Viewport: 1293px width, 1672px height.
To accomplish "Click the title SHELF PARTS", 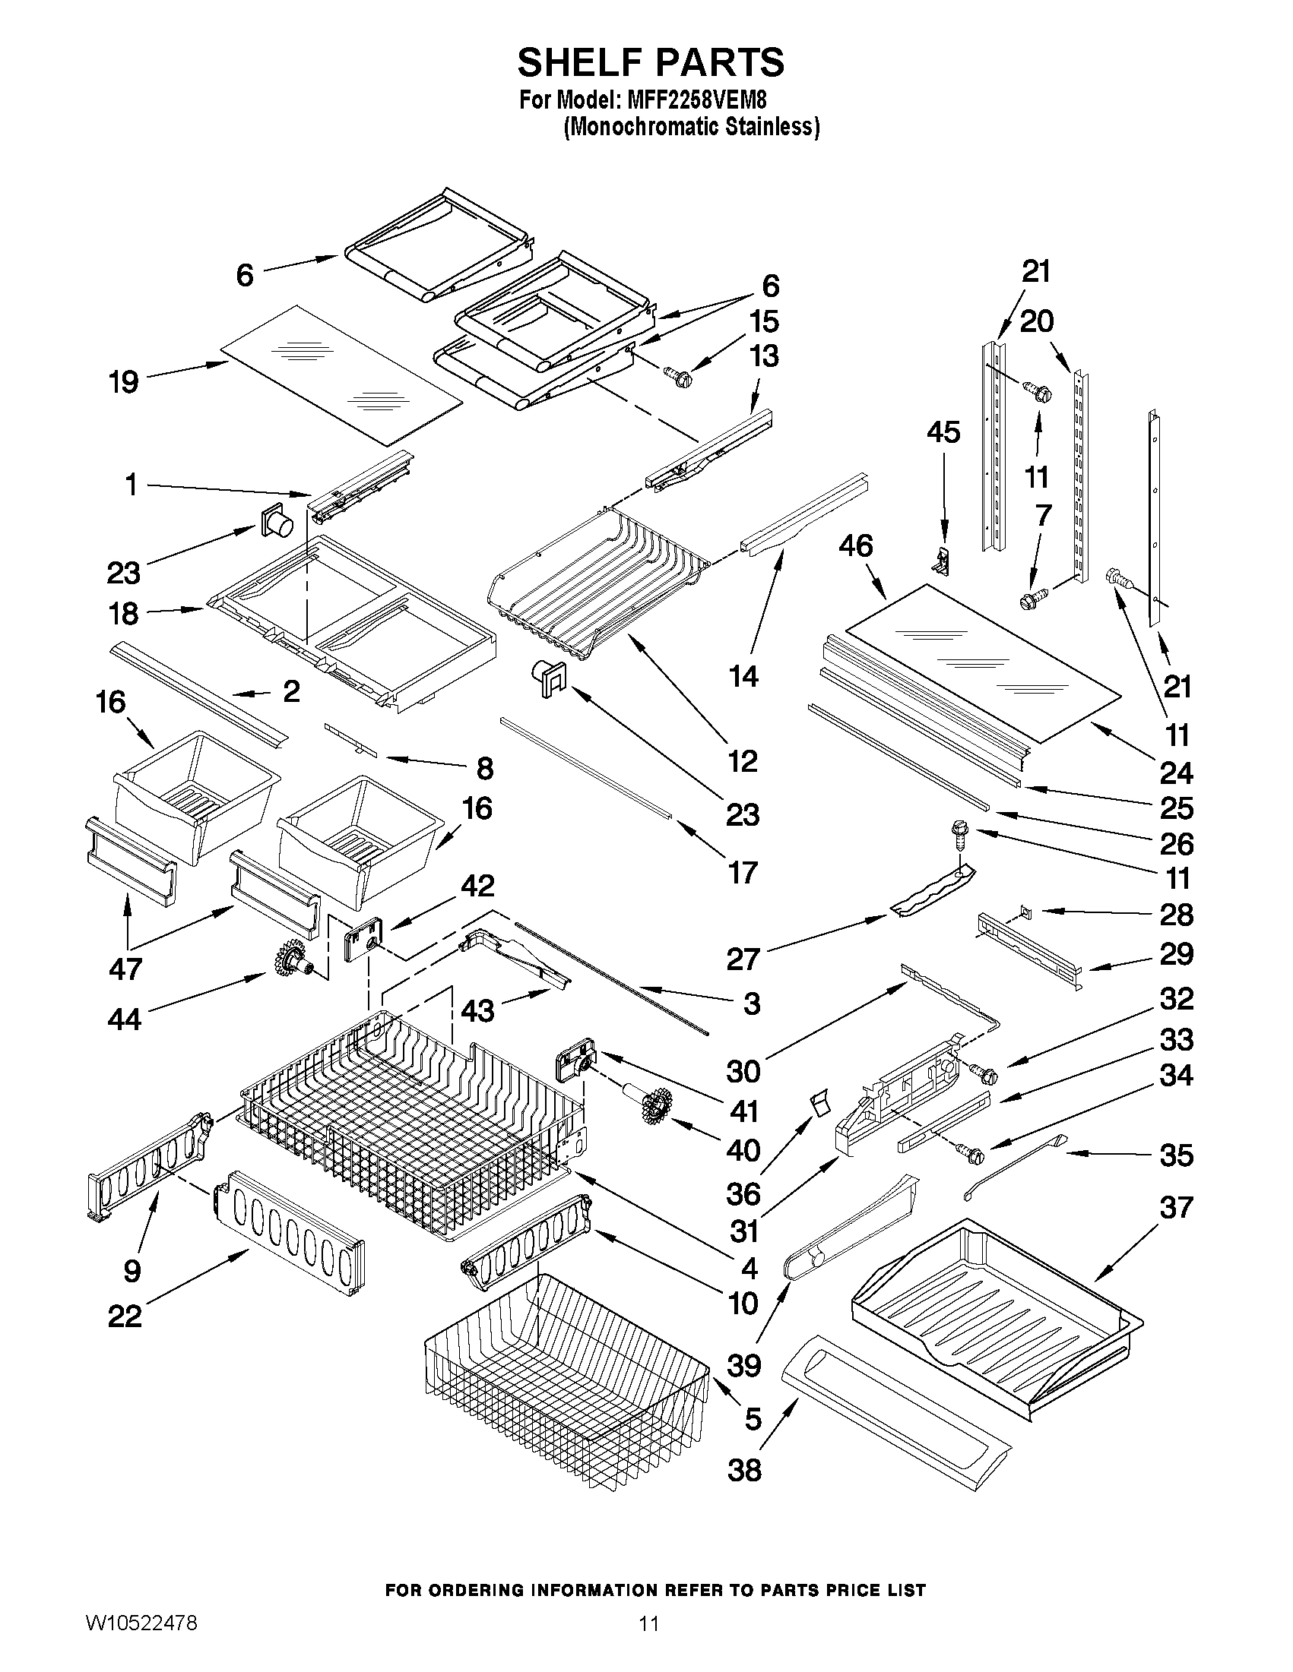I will click(x=651, y=63).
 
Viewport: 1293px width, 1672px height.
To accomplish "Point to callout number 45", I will click(x=943, y=432).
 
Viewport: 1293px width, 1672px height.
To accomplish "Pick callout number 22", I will click(x=125, y=1316).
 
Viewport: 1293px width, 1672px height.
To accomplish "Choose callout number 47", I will click(x=125, y=969).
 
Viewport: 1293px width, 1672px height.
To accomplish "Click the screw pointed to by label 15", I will click(x=677, y=377).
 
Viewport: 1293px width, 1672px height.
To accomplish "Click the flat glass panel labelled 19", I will click(x=341, y=375).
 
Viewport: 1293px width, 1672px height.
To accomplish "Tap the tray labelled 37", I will click(x=996, y=1309).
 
